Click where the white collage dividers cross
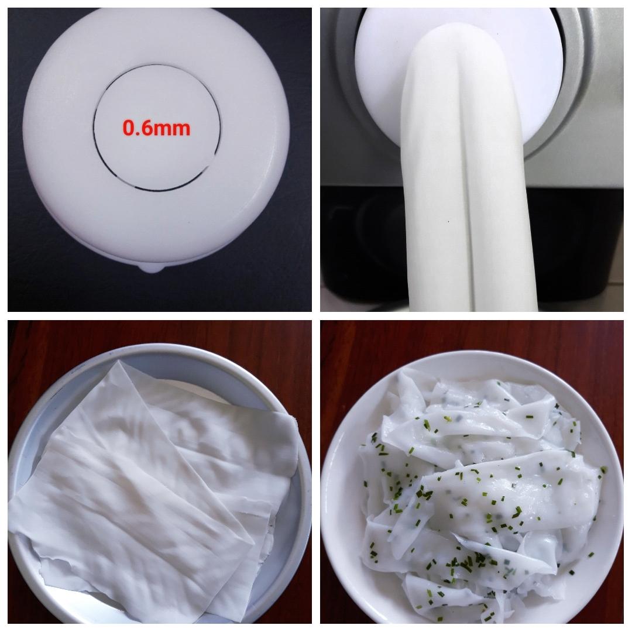click(x=316, y=316)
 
